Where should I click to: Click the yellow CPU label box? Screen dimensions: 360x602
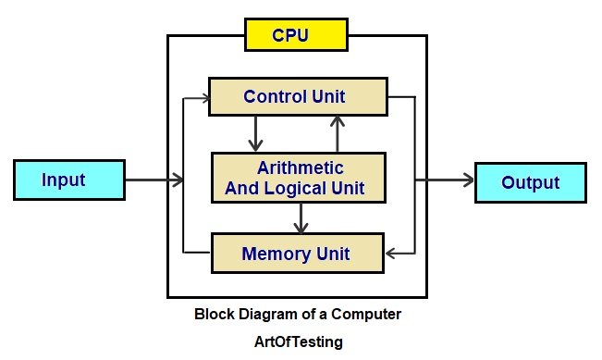295,35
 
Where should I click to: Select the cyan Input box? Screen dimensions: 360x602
68,179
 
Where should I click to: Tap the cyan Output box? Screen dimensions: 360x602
530,181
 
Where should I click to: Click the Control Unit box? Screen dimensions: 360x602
296,96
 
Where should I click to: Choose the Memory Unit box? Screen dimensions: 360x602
296,253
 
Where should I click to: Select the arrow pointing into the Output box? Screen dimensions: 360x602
448,181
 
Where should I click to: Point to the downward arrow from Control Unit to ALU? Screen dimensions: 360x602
252,133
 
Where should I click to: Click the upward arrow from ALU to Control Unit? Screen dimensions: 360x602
338,133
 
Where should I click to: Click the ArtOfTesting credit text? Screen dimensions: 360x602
298,341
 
